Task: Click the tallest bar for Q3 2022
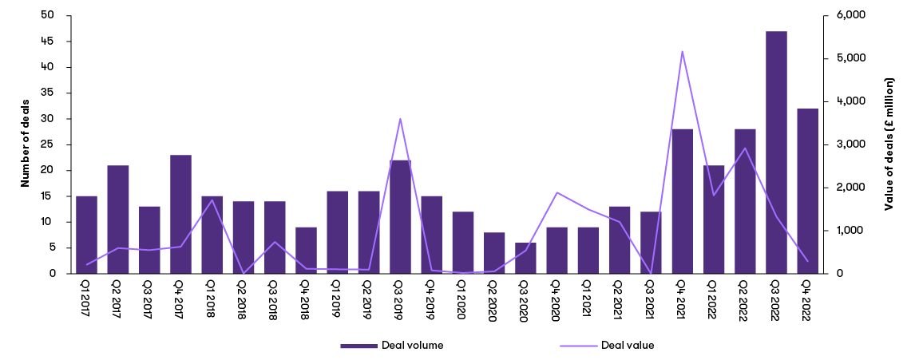pyautogui.click(x=776, y=152)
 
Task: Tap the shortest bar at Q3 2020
pyautogui.click(x=525, y=258)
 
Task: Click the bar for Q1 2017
pyautogui.click(x=86, y=235)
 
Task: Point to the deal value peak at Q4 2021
pyautogui.click(x=682, y=51)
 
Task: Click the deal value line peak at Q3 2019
pyautogui.click(x=400, y=118)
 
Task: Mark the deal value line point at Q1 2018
pyautogui.click(x=212, y=200)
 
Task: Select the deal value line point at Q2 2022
pyautogui.click(x=745, y=148)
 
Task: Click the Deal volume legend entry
pyautogui.click(x=392, y=346)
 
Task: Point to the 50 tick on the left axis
pyautogui.click(x=49, y=15)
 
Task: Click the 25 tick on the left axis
pyautogui.click(x=49, y=144)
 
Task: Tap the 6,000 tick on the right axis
pyautogui.click(x=847, y=15)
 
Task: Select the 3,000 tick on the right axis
pyautogui.click(x=847, y=144)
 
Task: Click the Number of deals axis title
pyautogui.click(x=25, y=144)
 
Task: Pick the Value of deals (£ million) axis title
pyautogui.click(x=889, y=144)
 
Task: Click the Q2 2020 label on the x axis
pyautogui.click(x=494, y=299)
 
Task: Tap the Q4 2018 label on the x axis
pyautogui.click(x=306, y=299)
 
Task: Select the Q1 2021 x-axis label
pyautogui.click(x=588, y=299)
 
